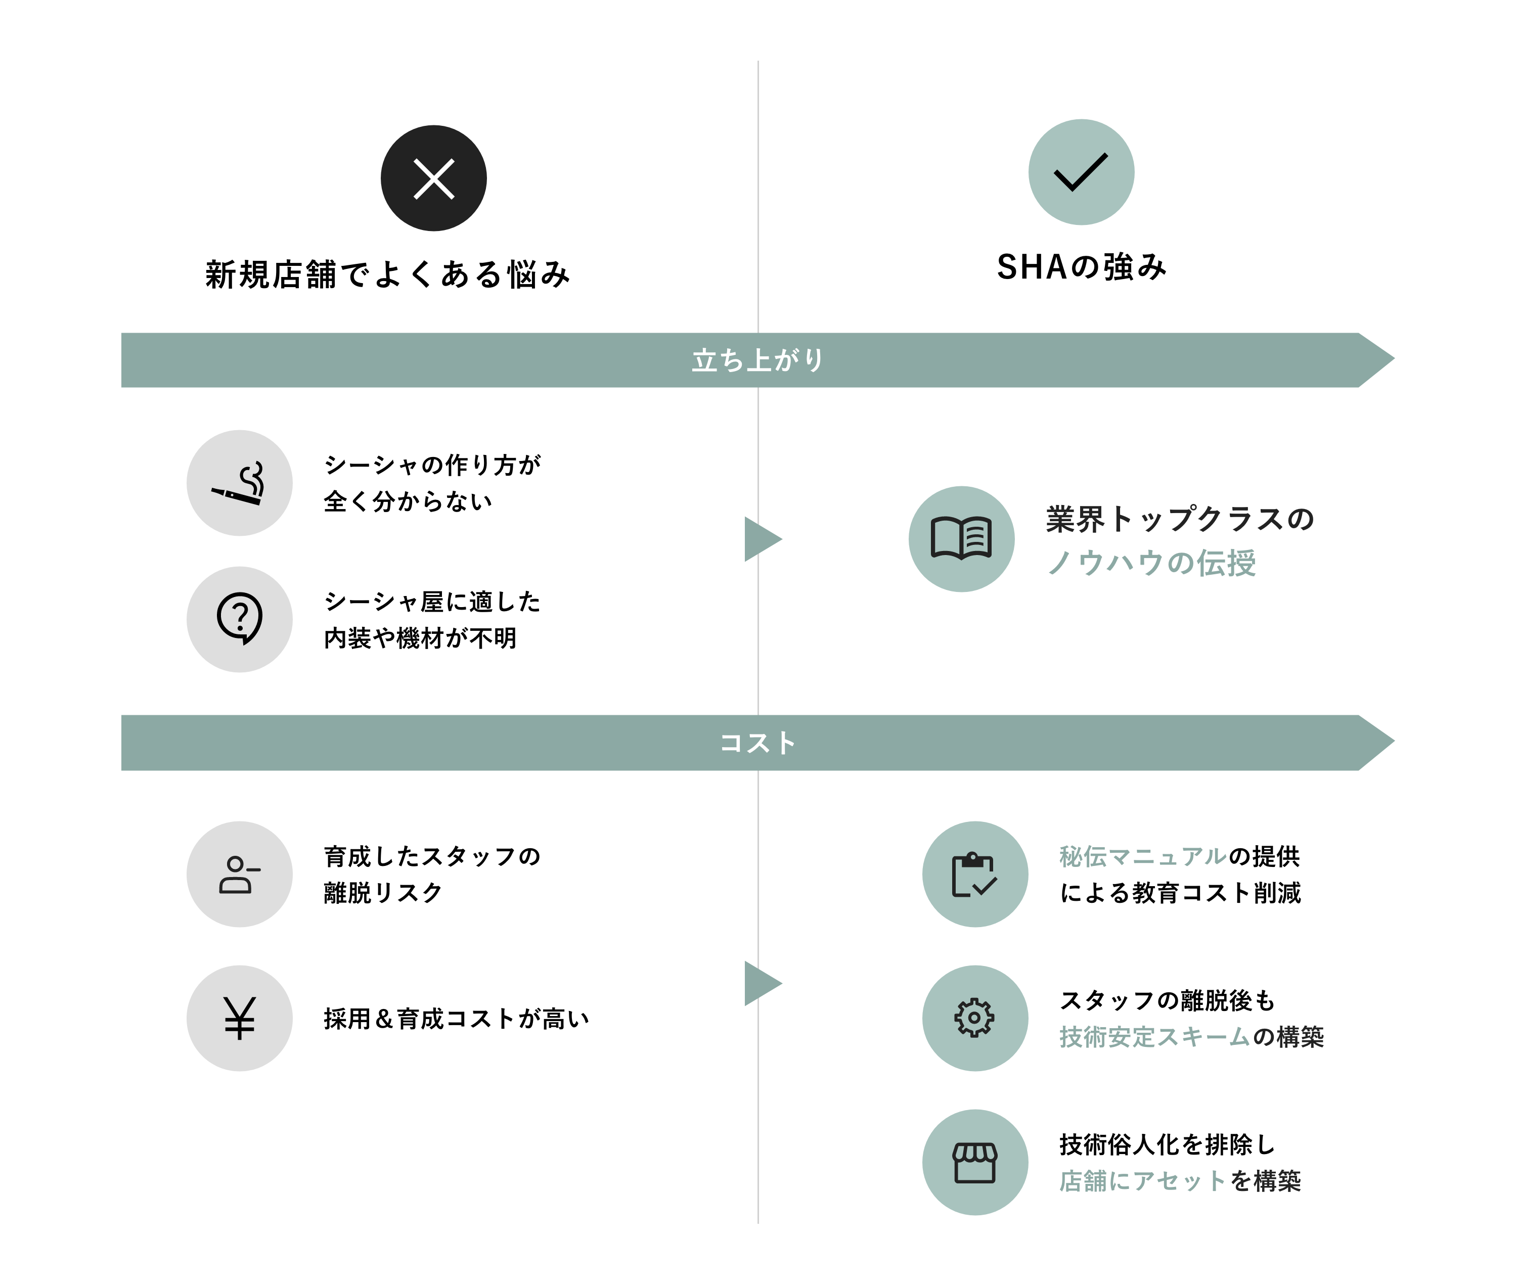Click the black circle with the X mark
[433, 178]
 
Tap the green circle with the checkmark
[1081, 172]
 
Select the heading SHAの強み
[1081, 267]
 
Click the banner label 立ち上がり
[758, 360]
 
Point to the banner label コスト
[758, 743]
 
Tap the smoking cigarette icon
[239, 483]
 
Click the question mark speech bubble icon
[239, 619]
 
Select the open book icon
[961, 539]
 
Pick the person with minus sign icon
[239, 874]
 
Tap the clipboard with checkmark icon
[974, 874]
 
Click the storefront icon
[974, 1162]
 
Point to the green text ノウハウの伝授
[1151, 563]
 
